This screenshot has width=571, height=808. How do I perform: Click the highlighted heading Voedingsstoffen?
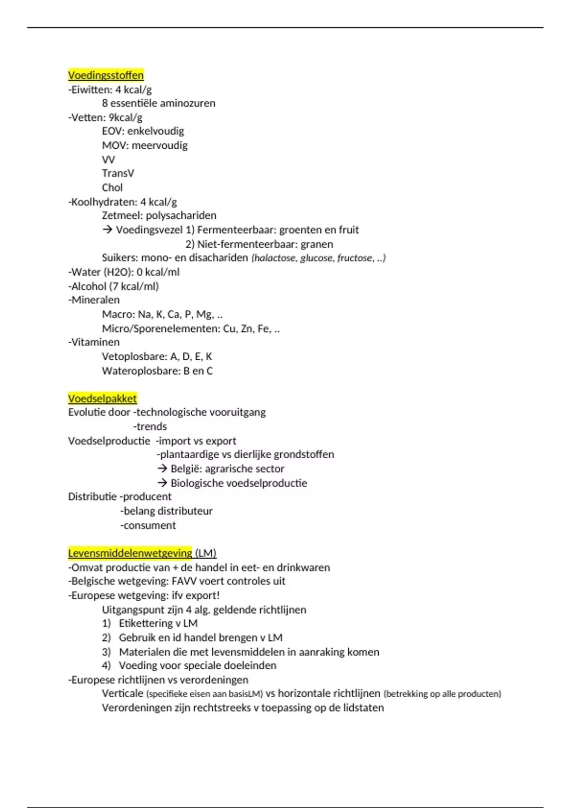pyautogui.click(x=106, y=75)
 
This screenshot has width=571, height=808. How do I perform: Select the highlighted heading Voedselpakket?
pyautogui.click(x=102, y=398)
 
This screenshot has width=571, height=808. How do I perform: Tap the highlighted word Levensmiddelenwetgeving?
pyautogui.click(x=130, y=553)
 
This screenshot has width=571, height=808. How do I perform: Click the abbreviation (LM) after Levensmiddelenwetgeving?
pyautogui.click(x=206, y=553)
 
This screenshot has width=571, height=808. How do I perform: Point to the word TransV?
pyautogui.click(x=118, y=173)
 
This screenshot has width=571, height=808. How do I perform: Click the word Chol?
pyautogui.click(x=112, y=188)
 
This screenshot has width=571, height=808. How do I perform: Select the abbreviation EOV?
pyautogui.click(x=112, y=131)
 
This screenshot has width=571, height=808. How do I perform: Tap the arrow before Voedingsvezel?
pyautogui.click(x=108, y=230)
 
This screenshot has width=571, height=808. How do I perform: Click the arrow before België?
pyautogui.click(x=162, y=469)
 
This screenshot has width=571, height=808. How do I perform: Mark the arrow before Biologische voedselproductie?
pyautogui.click(x=162, y=483)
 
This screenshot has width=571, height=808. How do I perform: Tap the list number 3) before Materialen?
pyautogui.click(x=106, y=652)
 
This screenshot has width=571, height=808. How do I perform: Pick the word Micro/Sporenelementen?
pyautogui.click(x=161, y=328)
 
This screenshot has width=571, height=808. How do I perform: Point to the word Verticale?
pyautogui.click(x=122, y=693)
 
